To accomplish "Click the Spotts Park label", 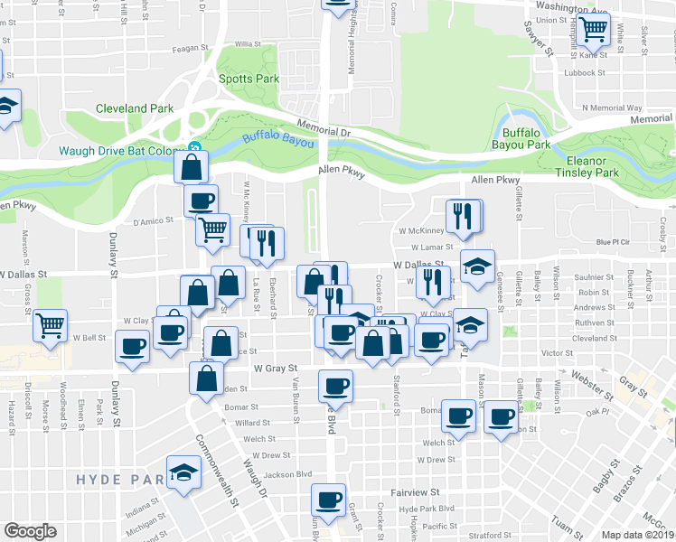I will [x=249, y=79].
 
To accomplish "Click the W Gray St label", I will [x=276, y=369].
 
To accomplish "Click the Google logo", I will [x=30, y=531].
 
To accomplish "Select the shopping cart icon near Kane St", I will [x=594, y=30].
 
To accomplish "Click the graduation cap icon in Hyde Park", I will [x=184, y=472].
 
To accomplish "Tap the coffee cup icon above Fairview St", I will [x=328, y=500].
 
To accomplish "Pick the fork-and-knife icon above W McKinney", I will [x=463, y=215].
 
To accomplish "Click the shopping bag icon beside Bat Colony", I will [x=192, y=167].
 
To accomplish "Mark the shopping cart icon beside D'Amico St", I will [x=213, y=229].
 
